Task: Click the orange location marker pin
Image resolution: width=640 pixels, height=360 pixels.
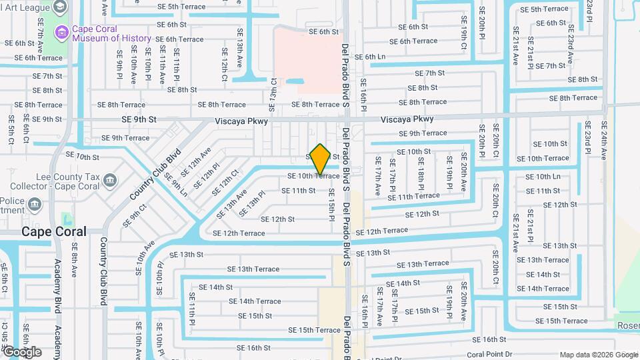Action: pyautogui.click(x=320, y=159)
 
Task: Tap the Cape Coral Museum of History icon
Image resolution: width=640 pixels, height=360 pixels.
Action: pyautogui.click(x=62, y=31)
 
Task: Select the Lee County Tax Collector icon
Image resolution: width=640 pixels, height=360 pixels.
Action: pyautogui.click(x=111, y=179)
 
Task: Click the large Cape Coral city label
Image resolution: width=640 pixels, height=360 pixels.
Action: pyautogui.click(x=54, y=232)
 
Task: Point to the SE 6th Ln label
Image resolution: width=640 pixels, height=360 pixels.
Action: pyautogui.click(x=371, y=57)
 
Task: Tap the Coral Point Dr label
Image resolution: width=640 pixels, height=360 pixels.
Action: pyautogui.click(x=489, y=355)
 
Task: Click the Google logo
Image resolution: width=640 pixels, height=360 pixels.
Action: pyautogui.click(x=22, y=352)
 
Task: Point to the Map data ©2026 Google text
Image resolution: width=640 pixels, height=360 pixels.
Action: pyautogui.click(x=598, y=355)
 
